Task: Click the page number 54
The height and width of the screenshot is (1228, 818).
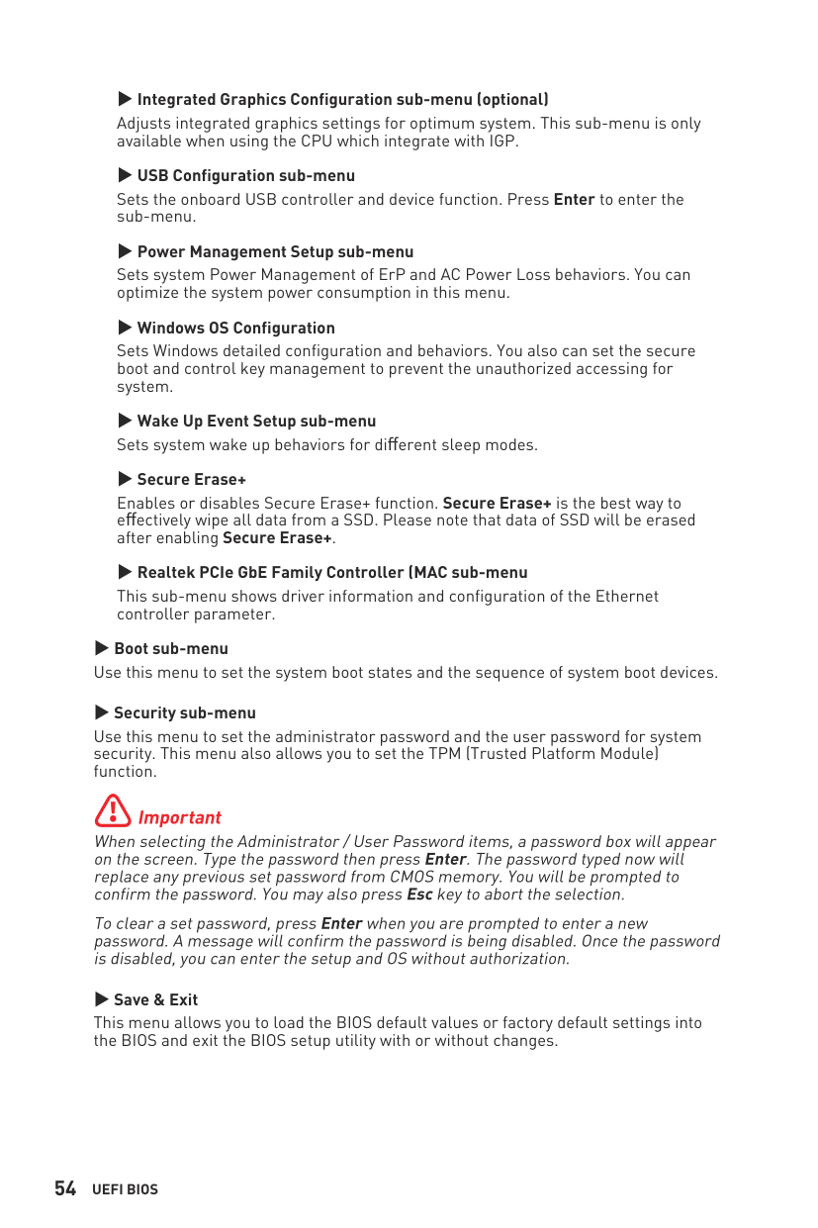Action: pos(65,1188)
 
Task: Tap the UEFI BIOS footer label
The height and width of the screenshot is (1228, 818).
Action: pos(125,1189)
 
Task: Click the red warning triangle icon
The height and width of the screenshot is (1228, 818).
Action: pos(113,810)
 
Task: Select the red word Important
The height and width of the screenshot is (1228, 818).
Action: pos(179,817)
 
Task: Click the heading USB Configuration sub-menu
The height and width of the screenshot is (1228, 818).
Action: pos(245,175)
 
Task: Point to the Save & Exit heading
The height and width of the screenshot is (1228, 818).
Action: pos(155,999)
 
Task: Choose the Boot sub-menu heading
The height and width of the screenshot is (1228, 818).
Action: pos(170,648)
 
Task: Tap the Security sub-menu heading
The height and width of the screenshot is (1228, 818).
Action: pos(184,712)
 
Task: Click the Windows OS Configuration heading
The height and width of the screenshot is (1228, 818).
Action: pos(235,328)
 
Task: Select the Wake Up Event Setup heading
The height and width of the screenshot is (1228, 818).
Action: pos(256,421)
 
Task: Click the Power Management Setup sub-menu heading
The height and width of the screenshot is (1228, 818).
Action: pos(275,251)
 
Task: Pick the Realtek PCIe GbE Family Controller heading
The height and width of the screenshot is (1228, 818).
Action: pos(331,572)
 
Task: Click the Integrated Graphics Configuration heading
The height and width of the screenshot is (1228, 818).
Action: pos(342,99)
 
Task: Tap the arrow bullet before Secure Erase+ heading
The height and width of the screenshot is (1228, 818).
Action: pos(125,479)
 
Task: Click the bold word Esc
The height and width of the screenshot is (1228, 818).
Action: pos(419,895)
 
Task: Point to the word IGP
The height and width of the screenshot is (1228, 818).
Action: pos(501,142)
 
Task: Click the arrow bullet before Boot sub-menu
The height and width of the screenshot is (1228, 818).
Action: pos(101,648)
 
